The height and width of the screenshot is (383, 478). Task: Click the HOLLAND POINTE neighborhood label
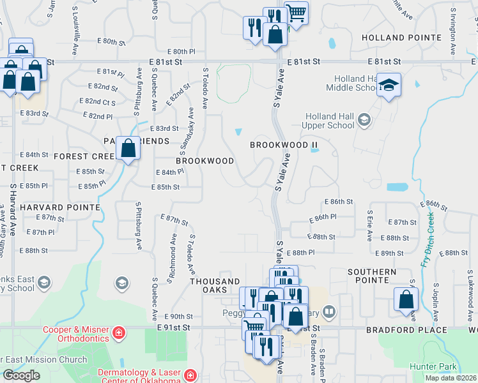(x=401, y=38)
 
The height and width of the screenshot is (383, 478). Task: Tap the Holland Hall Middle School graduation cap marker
(x=388, y=86)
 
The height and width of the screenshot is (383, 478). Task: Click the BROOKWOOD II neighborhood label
(x=284, y=145)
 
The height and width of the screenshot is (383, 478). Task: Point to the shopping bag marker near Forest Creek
(x=128, y=149)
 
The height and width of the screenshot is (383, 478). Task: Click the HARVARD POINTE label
(x=60, y=207)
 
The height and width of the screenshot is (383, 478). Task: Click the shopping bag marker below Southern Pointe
(x=406, y=300)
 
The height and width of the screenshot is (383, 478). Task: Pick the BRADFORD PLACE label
(x=407, y=330)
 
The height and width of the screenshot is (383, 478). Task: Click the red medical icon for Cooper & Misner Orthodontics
(x=118, y=333)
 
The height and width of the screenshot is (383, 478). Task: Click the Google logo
(x=22, y=376)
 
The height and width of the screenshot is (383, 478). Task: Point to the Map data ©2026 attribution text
(x=450, y=378)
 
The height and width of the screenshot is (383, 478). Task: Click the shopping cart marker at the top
(x=295, y=12)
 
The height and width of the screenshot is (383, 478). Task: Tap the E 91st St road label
(x=173, y=327)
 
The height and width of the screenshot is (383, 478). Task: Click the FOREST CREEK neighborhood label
(x=84, y=156)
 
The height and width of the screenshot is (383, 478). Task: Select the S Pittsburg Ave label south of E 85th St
(x=137, y=220)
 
